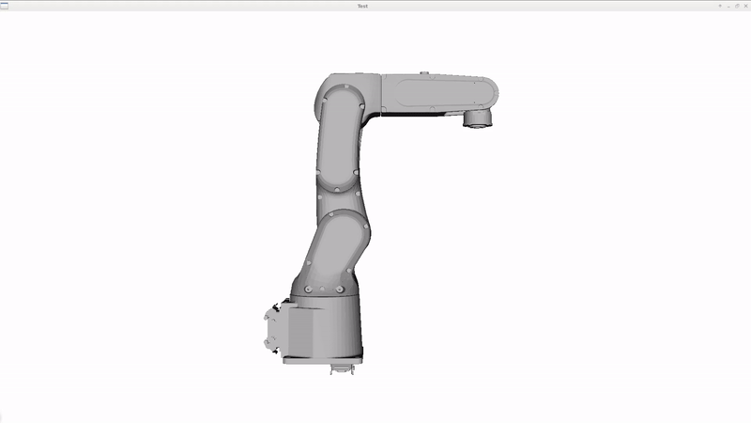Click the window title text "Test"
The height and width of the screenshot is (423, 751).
coord(362,7)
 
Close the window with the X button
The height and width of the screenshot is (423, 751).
coord(745,7)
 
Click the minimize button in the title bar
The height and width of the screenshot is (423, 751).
coord(728,7)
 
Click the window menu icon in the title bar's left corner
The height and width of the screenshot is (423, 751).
coord(5,7)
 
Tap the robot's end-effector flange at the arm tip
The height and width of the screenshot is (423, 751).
coord(478,119)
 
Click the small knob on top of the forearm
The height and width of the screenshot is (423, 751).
coord(424,73)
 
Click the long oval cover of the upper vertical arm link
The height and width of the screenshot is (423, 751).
coord(340,138)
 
